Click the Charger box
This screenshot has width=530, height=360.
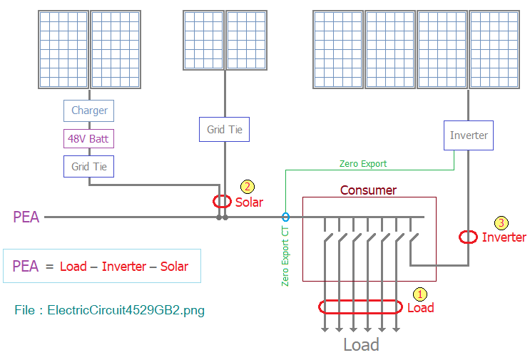click(89, 110)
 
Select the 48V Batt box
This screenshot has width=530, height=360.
click(89, 138)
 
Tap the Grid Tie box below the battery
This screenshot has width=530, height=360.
click(89, 167)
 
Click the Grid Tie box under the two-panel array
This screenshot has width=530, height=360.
click(225, 129)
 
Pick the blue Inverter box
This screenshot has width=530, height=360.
click(469, 135)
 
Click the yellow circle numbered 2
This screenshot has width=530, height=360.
click(248, 187)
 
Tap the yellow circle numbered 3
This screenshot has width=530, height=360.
click(501, 223)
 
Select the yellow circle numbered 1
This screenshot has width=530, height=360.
click(420, 294)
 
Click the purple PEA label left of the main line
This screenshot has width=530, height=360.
click(26, 217)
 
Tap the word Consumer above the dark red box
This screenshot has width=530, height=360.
click(368, 190)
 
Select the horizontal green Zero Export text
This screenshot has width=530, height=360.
click(363, 164)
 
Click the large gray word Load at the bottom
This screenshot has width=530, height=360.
click(361, 345)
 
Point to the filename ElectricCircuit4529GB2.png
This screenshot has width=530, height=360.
click(126, 310)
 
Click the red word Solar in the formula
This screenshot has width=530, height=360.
click(174, 267)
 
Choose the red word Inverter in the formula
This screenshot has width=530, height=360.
click(124, 267)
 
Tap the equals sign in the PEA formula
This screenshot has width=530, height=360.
click(50, 267)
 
